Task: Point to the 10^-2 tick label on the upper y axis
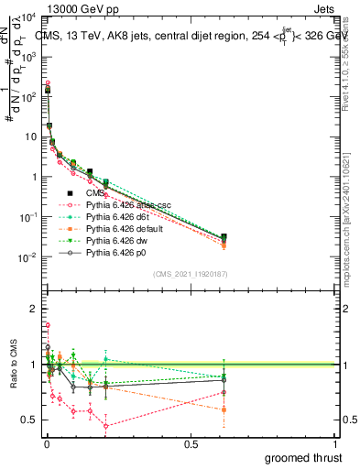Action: pyautogui.click(x=26, y=257)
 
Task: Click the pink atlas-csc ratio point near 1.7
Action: pyautogui.click(x=47, y=325)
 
